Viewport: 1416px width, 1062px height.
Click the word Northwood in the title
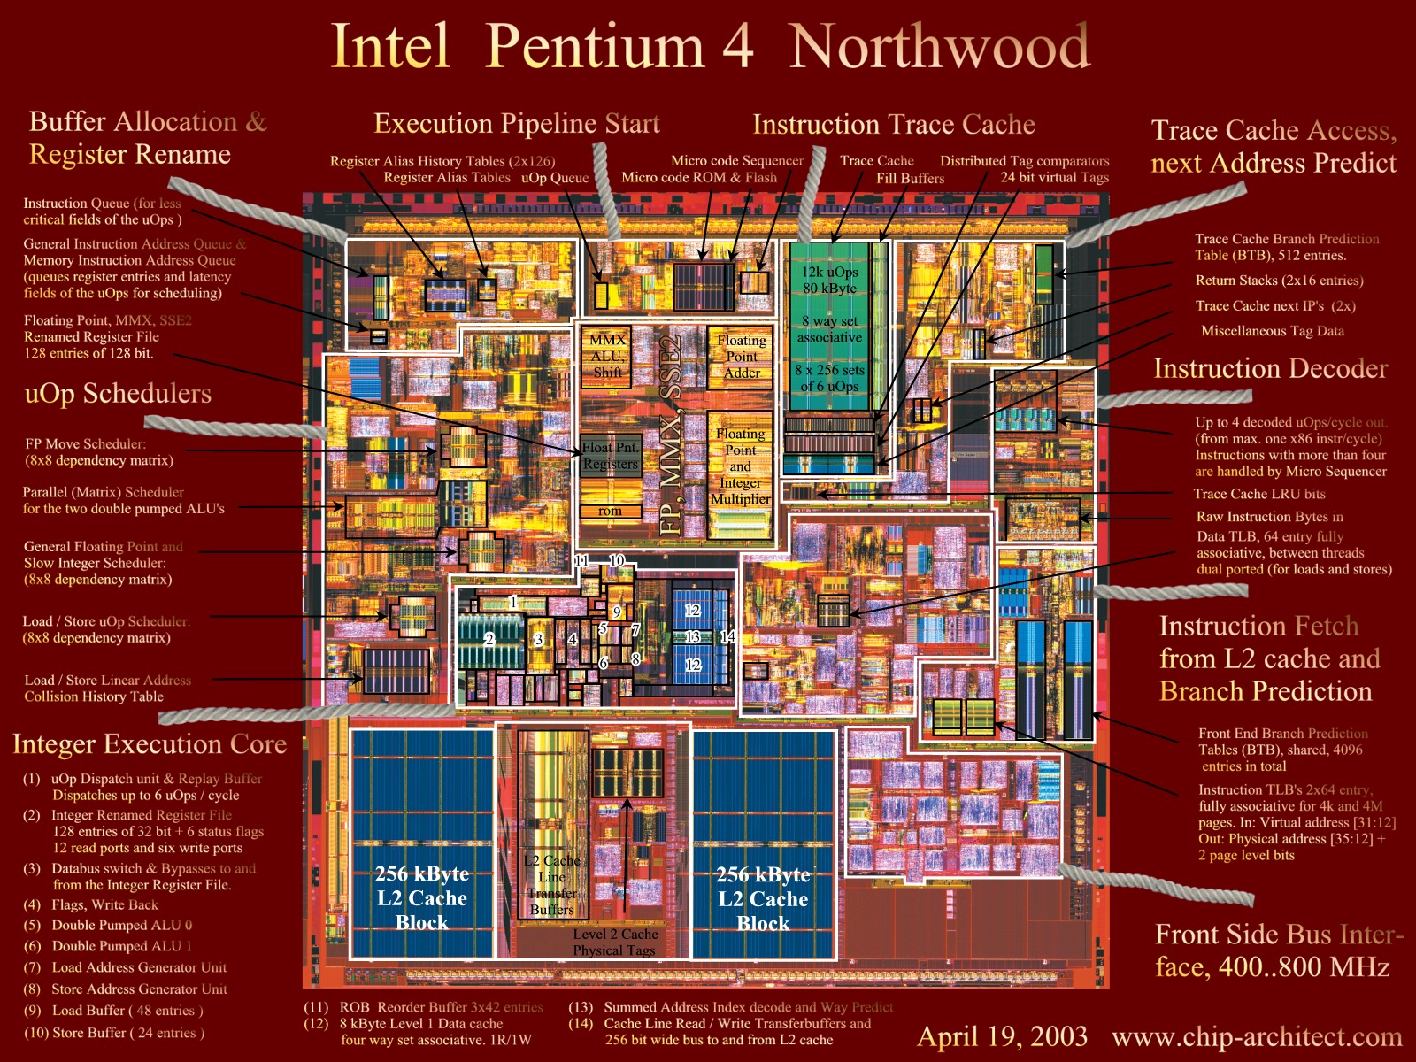click(x=940, y=46)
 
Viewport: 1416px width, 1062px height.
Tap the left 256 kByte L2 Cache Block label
click(x=421, y=897)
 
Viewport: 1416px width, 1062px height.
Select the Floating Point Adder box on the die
click(x=742, y=356)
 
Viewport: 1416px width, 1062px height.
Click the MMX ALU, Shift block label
click(x=607, y=356)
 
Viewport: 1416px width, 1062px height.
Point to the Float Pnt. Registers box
click(x=610, y=456)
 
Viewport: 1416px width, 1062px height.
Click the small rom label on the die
click(x=610, y=511)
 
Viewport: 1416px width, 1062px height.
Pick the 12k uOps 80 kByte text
click(x=829, y=280)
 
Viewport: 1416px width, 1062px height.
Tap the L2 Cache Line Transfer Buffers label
click(x=551, y=885)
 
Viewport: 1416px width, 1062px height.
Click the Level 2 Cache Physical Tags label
click(x=615, y=942)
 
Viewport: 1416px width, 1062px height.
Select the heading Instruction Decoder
click(x=1270, y=368)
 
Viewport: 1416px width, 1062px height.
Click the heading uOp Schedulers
click(x=118, y=393)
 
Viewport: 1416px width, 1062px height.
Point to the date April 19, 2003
click(x=1002, y=1036)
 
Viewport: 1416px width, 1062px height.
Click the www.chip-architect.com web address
click(x=1257, y=1036)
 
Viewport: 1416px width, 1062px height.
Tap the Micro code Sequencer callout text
click(x=736, y=160)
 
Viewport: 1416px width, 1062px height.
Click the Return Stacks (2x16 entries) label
click(x=1279, y=280)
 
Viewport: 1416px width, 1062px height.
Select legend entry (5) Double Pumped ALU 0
click(x=121, y=925)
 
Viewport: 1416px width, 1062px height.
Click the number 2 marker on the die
click(x=489, y=638)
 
